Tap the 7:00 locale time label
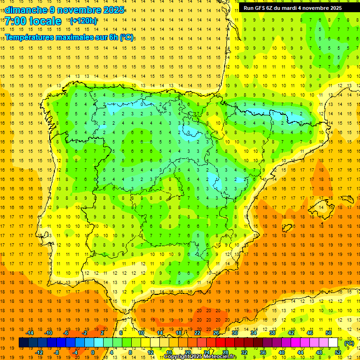coord(33,21)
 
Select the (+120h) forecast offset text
coord(83,21)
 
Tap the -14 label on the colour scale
coord(30,333)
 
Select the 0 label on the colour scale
coord(92,352)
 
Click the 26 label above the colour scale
coord(216,333)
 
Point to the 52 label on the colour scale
coord(338,352)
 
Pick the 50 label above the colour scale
coord(329,333)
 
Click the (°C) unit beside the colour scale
coord(349,343)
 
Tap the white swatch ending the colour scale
coord(333,343)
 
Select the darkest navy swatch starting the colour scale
coord(23,343)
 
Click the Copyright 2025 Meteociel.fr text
coord(200,357)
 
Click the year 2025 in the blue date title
coord(113,10)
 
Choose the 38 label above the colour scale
coord(272,333)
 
